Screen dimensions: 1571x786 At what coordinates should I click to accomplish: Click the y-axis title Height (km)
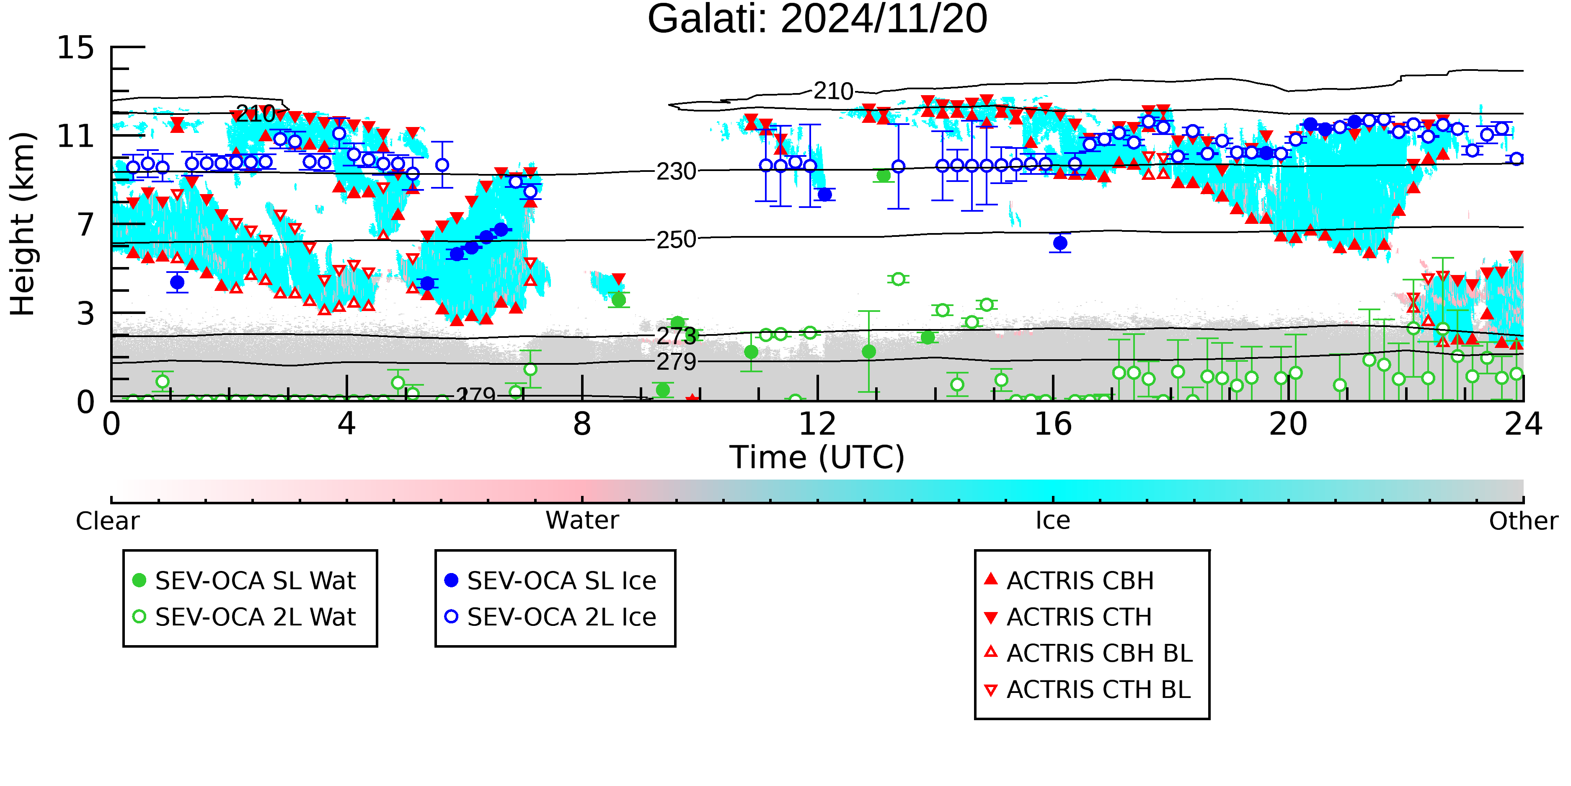click(23, 224)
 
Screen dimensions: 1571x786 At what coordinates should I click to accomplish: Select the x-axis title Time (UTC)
click(817, 458)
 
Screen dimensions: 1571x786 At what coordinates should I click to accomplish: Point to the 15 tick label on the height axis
click(76, 48)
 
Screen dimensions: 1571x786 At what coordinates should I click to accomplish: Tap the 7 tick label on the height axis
click(86, 225)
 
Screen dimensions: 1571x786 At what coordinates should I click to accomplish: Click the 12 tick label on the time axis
click(817, 424)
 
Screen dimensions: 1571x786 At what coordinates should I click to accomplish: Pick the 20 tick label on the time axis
click(1288, 424)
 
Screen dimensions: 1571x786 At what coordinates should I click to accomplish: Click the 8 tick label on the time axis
click(582, 424)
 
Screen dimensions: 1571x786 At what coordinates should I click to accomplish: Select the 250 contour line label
click(676, 240)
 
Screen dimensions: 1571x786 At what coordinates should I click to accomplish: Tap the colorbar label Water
click(582, 521)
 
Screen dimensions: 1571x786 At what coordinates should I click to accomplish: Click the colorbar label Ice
click(1053, 521)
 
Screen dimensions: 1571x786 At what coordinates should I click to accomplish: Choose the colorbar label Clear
click(107, 521)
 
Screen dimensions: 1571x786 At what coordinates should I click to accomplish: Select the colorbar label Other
click(1523, 521)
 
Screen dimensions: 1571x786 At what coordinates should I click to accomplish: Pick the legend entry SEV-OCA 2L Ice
click(551, 617)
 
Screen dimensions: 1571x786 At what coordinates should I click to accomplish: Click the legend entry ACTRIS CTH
click(1068, 617)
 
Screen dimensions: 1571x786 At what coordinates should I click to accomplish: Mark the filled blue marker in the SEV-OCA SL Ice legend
click(451, 580)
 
